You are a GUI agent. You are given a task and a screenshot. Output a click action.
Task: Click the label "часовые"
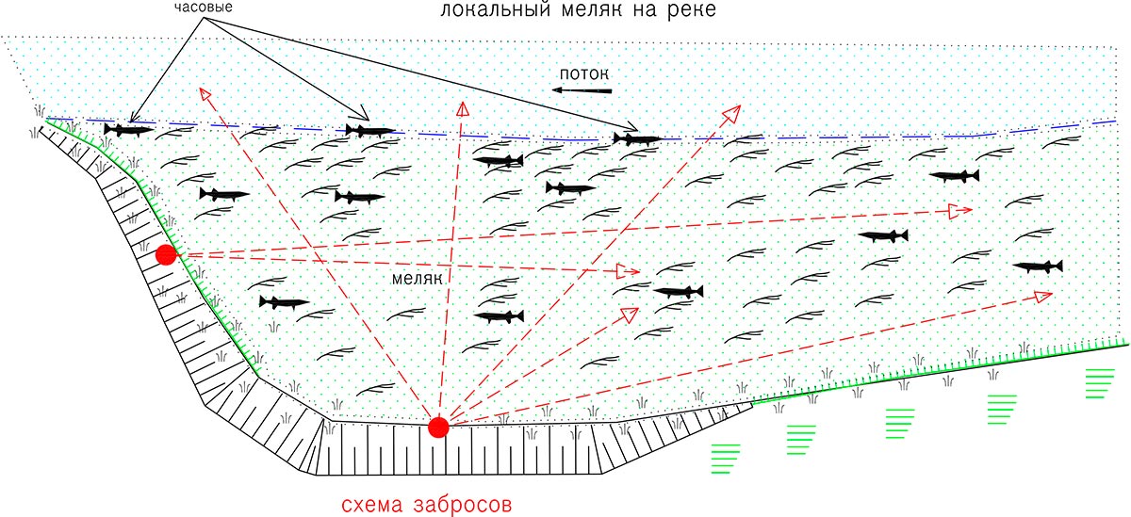coord(204,8)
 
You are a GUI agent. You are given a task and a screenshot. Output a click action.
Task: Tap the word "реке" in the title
coord(692,10)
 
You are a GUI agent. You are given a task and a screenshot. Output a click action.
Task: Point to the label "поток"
coord(584,74)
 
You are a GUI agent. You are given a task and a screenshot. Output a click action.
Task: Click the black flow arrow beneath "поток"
coord(582,90)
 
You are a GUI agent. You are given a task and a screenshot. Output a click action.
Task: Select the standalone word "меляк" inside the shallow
coord(417,279)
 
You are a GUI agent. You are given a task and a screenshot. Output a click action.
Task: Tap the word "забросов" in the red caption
coord(463,504)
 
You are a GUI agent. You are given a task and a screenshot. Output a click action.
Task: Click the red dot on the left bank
coord(166,254)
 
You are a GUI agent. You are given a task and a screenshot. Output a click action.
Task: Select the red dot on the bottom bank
coord(438,428)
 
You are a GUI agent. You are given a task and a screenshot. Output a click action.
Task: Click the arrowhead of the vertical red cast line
coord(463,108)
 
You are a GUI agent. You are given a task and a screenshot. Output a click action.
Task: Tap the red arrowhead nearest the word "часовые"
coord(205,94)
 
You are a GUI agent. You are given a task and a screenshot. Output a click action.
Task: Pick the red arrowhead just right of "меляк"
coord(628,271)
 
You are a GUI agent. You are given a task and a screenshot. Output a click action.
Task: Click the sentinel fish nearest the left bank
coord(129,130)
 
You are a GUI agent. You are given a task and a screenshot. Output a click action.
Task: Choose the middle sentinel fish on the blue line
coord(370,131)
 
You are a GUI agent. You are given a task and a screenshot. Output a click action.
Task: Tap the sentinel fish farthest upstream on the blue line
coord(637,138)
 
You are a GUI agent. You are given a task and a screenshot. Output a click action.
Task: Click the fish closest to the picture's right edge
coord(1038,267)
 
